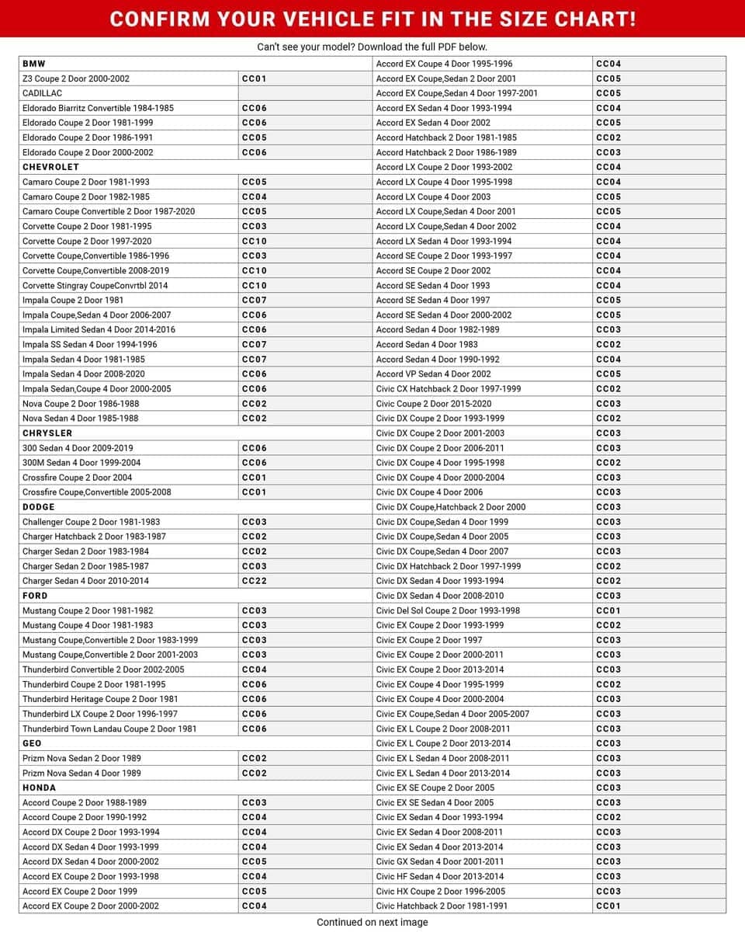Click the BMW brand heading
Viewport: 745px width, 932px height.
[x=33, y=64]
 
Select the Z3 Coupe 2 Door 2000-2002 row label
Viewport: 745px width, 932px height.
[x=76, y=78]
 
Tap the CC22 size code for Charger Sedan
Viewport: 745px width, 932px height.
[x=255, y=581]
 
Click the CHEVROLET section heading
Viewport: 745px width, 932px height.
[x=50, y=167]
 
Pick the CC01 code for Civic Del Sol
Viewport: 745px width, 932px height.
[x=608, y=610]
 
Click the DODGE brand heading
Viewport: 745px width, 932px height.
[x=38, y=507]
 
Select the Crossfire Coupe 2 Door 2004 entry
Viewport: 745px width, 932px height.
[x=78, y=478]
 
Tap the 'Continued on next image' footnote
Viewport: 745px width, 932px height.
[x=372, y=923]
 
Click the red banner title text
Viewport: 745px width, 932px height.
[x=372, y=19]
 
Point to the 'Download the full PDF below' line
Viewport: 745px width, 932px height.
[x=372, y=47]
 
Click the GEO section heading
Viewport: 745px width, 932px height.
[x=32, y=743]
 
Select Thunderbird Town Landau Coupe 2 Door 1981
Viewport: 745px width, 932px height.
[x=109, y=729]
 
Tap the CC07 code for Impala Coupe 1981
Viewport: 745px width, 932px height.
[x=255, y=300]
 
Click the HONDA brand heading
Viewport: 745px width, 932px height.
[x=39, y=788]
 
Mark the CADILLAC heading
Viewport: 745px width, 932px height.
[x=42, y=93]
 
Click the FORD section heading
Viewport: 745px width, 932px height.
[x=35, y=596]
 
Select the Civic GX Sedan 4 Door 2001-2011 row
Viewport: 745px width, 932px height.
[x=440, y=861]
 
